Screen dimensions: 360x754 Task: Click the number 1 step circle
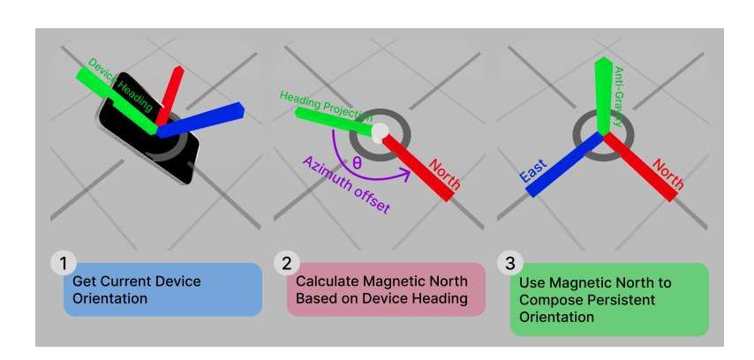62,262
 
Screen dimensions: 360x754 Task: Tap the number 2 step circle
285,262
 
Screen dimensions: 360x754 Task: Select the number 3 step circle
509,262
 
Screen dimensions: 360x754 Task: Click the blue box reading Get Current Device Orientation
162,289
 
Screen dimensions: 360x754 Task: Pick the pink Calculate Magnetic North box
386,289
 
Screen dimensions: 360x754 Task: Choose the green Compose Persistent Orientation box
609,299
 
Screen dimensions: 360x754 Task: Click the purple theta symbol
356,163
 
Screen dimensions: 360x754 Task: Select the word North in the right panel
668,175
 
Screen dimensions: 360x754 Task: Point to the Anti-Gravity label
617,97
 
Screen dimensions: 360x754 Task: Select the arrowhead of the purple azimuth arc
407,176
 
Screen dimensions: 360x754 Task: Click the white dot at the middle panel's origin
379,132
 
